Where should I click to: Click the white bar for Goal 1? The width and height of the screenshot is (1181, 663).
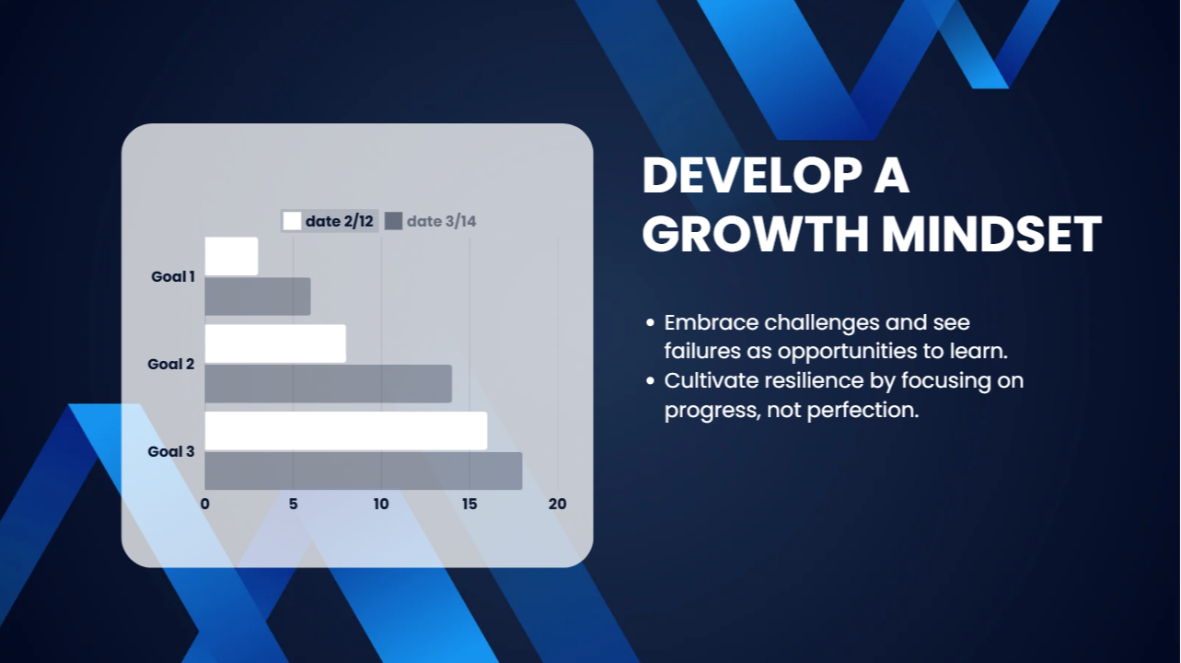[x=231, y=256]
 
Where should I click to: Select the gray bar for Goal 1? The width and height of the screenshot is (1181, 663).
[x=258, y=297]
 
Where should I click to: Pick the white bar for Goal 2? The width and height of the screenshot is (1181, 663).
[x=276, y=343]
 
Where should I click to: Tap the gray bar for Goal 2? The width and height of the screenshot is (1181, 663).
[x=329, y=383]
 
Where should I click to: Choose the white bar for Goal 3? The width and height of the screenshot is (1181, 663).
[x=346, y=431]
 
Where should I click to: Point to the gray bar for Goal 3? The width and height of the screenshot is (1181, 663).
[x=364, y=471]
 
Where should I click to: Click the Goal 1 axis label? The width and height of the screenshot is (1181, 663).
[x=173, y=276]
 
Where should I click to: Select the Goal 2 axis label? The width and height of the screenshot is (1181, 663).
[x=171, y=364]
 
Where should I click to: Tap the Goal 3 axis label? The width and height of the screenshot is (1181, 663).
[x=171, y=451]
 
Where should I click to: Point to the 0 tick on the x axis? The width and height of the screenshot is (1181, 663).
[x=205, y=505]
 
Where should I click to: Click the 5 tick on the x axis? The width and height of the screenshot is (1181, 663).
[x=293, y=505]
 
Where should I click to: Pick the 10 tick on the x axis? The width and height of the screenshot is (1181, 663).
[x=381, y=505]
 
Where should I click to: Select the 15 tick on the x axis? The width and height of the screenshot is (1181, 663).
[x=469, y=505]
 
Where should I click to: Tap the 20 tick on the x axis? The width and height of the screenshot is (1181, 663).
[x=557, y=505]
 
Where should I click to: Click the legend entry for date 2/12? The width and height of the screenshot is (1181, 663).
[x=329, y=221]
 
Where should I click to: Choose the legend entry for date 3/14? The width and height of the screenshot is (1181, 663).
[x=430, y=221]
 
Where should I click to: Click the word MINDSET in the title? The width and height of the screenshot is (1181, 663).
[x=991, y=234]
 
